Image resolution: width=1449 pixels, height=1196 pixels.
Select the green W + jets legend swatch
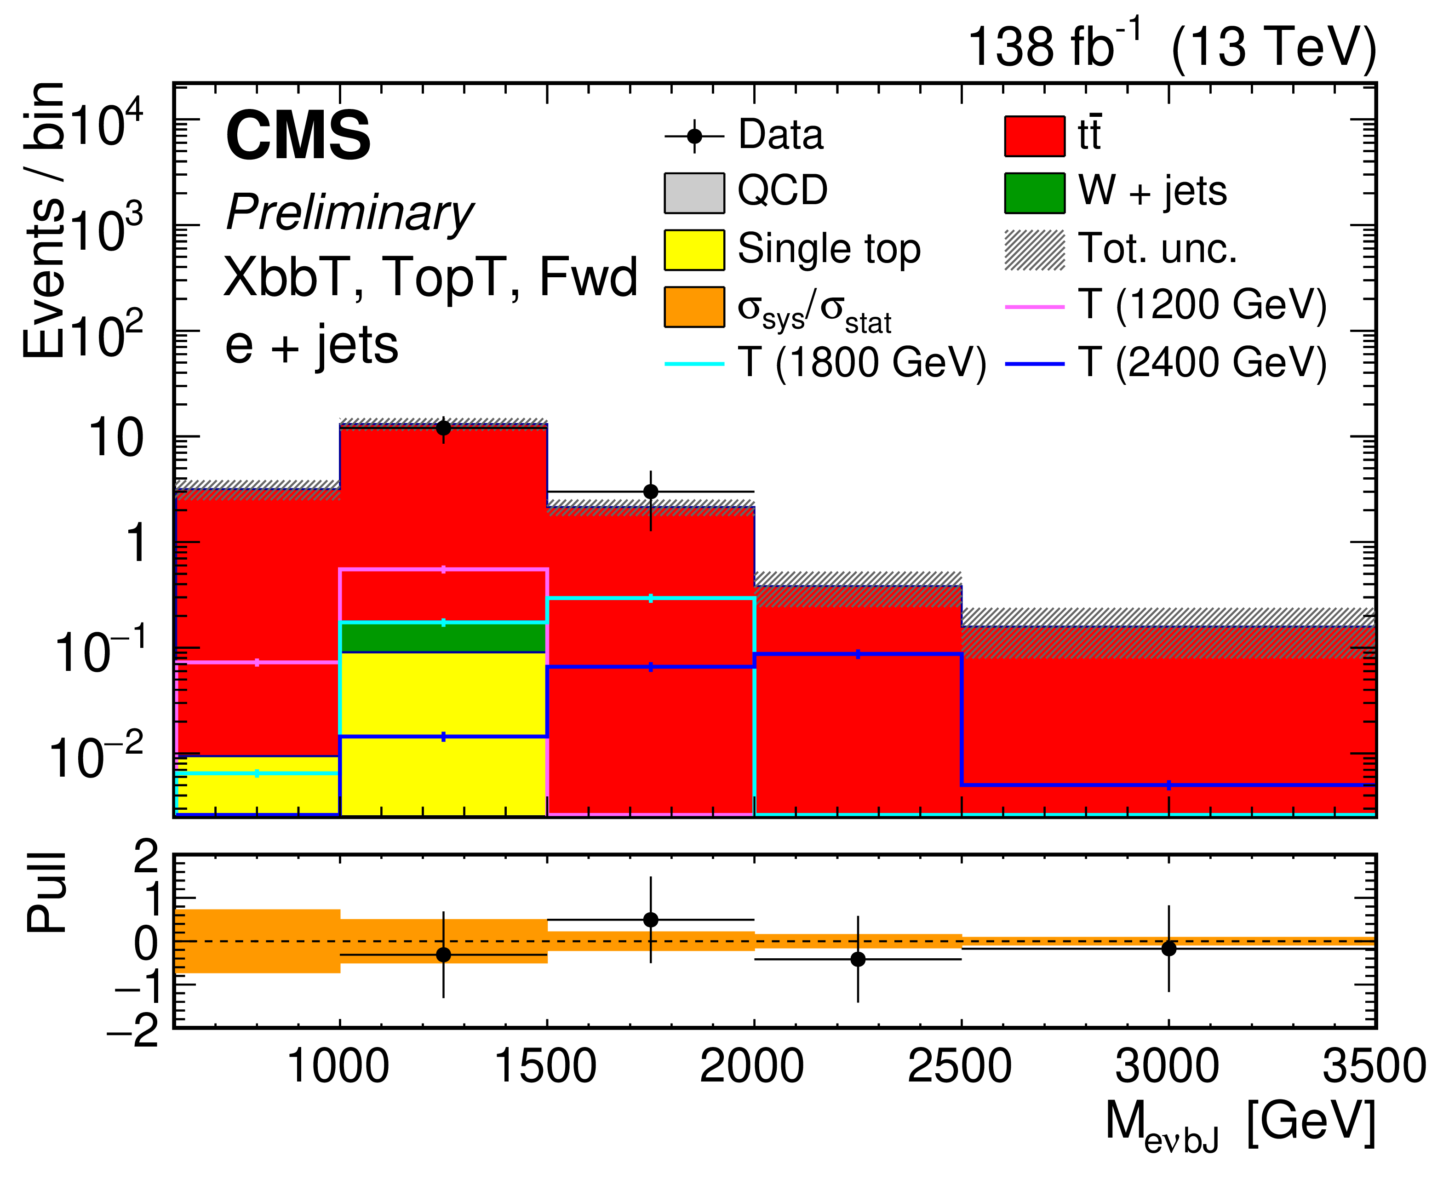tap(1034, 193)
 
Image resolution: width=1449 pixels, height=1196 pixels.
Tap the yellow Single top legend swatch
tap(694, 249)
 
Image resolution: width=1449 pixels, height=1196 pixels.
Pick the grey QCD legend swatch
tap(694, 193)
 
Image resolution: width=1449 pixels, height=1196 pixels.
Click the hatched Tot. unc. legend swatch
tap(1034, 249)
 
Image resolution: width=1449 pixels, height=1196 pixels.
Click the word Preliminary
tap(349, 212)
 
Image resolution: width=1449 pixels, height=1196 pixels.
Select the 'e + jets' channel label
tap(311, 344)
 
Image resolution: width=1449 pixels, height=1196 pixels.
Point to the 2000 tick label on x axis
tap(752, 1066)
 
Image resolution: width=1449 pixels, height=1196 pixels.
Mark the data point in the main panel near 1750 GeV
tap(650, 491)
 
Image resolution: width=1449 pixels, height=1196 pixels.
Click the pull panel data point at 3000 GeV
tap(1168, 949)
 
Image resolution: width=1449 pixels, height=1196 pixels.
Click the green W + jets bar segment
tap(443, 638)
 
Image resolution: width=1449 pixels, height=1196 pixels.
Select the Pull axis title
tap(47, 893)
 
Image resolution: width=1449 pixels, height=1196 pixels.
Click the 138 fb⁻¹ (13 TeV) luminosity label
tap(1171, 47)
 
